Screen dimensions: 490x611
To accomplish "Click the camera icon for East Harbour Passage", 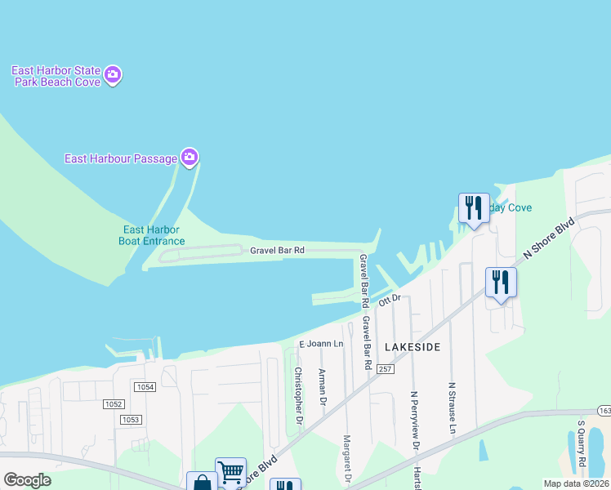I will coord(190,157).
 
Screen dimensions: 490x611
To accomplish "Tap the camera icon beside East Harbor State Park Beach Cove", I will coord(113,75).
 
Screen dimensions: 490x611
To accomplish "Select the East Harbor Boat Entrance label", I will coord(154,235).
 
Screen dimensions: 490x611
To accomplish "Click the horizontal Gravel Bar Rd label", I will coord(277,251).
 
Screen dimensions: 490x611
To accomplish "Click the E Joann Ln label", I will coord(321,344).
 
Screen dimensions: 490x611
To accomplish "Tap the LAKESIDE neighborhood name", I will coord(413,347).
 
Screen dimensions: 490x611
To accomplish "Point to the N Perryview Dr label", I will coord(414,421).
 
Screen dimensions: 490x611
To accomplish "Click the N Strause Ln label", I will coord(451,406).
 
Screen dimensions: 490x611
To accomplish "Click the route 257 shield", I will coord(386,370).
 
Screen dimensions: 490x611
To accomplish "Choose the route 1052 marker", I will coord(114,403).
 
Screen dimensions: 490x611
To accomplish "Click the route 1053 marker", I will coord(131,419).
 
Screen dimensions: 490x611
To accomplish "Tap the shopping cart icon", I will coord(230,471).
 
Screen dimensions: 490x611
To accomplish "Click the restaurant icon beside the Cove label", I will coord(474,207).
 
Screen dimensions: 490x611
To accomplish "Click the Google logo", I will coord(27,480).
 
